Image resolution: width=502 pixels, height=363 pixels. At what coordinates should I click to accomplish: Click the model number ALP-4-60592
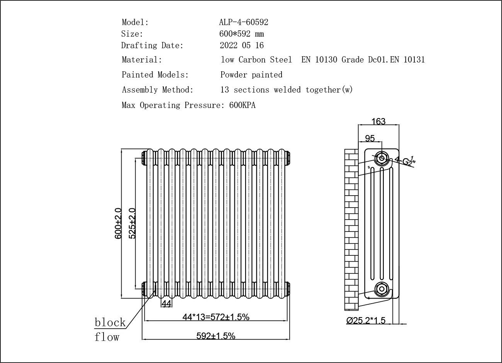[243, 22]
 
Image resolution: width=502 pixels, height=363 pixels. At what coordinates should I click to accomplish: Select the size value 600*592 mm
[242, 34]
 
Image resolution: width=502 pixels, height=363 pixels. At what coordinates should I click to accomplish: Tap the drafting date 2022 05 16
[242, 46]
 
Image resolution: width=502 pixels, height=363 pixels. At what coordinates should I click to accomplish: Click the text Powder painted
[251, 75]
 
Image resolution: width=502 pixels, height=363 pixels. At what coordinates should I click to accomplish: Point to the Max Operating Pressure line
[188, 105]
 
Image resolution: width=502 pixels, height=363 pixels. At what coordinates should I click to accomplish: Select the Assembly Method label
[158, 90]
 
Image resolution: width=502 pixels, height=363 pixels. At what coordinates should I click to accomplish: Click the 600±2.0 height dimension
[118, 223]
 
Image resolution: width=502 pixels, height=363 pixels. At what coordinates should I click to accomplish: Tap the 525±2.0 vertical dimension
[132, 223]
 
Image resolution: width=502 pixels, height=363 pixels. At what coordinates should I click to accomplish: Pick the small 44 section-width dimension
[166, 304]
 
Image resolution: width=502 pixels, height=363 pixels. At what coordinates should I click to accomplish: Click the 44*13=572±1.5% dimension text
[216, 317]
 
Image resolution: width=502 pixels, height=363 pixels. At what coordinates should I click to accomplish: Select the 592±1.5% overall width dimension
[216, 336]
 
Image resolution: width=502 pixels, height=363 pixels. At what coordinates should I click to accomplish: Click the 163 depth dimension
[378, 122]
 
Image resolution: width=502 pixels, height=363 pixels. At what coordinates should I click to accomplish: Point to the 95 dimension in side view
[370, 138]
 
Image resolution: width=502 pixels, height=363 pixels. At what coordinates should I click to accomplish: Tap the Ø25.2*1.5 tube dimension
[366, 321]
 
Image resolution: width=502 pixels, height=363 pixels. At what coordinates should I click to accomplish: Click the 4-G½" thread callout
[405, 160]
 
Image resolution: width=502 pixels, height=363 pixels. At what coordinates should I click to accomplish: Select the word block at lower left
[110, 322]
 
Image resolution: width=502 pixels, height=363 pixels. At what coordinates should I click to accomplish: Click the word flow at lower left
[107, 337]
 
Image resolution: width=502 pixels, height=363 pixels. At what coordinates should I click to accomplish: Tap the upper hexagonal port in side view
[382, 158]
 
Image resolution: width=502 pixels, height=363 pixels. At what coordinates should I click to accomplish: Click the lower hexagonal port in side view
[382, 288]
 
